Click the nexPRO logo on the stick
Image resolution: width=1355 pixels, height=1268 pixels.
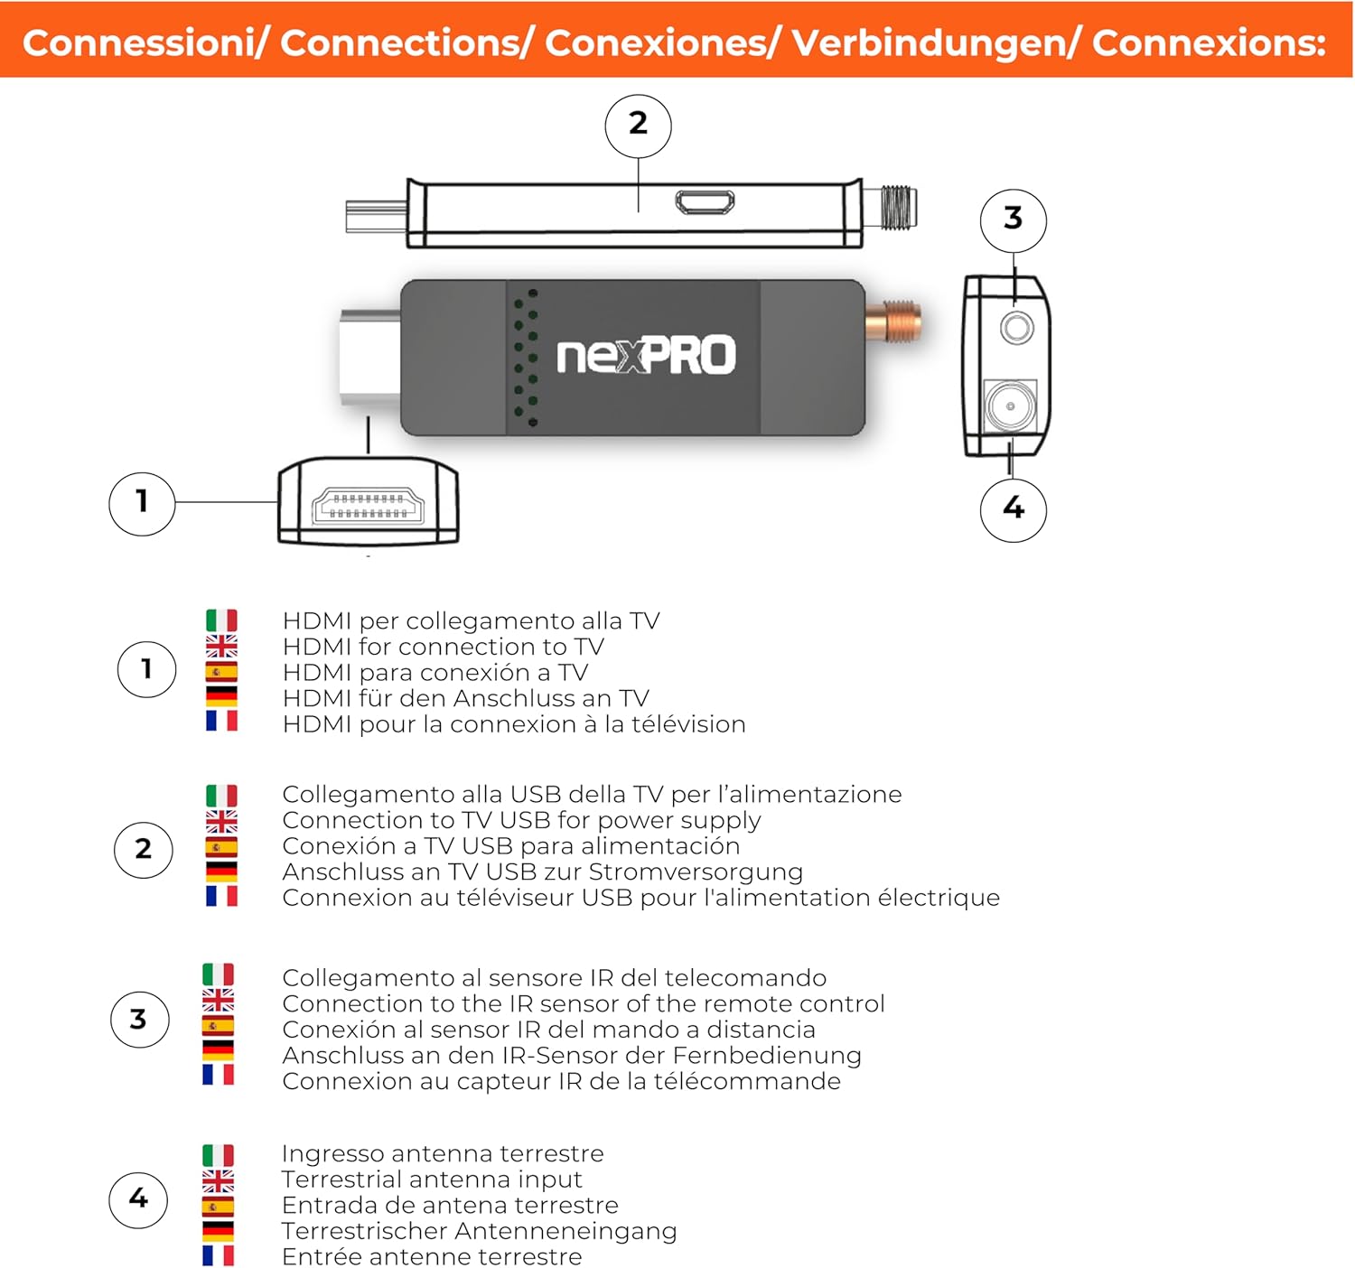(646, 355)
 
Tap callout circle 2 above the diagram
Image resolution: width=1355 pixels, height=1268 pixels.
(638, 126)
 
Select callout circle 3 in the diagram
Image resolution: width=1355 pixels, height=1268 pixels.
(1013, 220)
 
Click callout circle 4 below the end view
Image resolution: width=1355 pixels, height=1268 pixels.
(1013, 509)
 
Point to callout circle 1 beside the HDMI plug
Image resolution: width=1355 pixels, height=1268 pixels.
(142, 504)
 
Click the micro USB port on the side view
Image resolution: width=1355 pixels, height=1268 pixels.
(704, 201)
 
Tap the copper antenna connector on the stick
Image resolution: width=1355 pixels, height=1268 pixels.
(893, 321)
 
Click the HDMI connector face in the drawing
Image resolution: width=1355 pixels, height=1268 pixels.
(368, 507)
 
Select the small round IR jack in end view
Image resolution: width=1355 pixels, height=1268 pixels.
(1016, 328)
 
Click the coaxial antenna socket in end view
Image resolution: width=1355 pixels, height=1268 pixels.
(1010, 406)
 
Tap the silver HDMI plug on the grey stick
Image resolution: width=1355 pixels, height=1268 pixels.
(369, 357)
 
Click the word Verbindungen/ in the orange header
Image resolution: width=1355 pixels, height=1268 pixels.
(935, 43)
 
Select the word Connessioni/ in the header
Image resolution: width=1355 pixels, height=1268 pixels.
(145, 43)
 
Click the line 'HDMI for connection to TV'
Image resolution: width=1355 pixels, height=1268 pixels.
(443, 647)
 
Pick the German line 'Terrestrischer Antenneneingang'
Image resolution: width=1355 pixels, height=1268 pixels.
(479, 1230)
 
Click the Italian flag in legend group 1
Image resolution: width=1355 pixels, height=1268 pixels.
(221, 620)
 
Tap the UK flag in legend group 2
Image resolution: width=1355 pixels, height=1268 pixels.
(221, 821)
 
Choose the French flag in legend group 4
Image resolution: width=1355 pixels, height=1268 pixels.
(219, 1255)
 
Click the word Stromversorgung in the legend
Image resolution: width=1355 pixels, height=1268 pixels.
(696, 872)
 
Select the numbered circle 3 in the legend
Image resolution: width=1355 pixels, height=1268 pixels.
(139, 1019)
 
